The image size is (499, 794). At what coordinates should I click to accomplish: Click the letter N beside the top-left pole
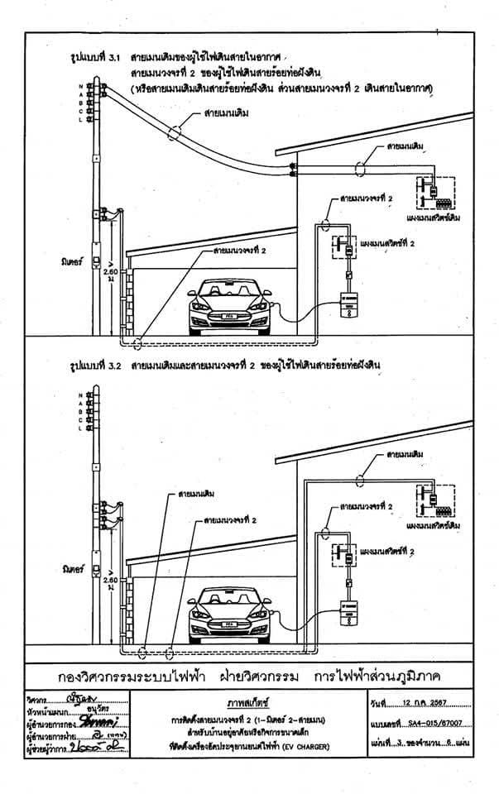click(x=81, y=85)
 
